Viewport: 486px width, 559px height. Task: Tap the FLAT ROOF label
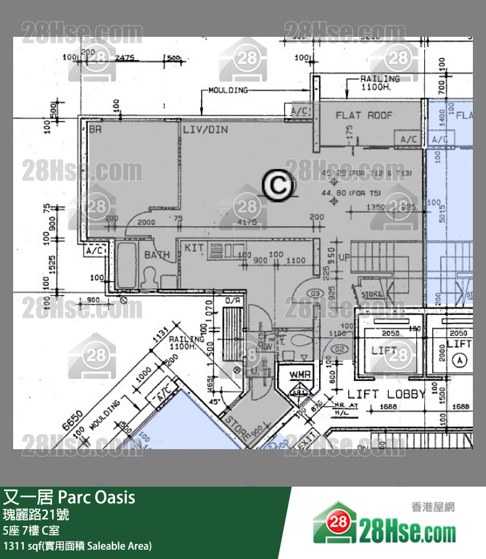[x=364, y=115]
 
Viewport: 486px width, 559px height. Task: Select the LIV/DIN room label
[x=205, y=130]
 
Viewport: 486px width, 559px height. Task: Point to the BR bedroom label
[x=96, y=130]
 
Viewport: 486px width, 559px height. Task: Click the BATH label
[x=157, y=255]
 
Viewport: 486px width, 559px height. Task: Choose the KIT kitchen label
[x=194, y=247]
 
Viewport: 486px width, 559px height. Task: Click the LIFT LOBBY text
[x=386, y=394]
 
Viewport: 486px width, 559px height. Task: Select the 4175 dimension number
[x=248, y=222]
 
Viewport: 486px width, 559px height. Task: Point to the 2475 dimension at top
[x=124, y=58]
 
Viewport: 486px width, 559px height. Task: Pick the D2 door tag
[x=339, y=349]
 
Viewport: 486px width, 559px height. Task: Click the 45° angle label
[x=213, y=401]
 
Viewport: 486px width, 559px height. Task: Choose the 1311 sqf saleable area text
[x=77, y=545]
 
